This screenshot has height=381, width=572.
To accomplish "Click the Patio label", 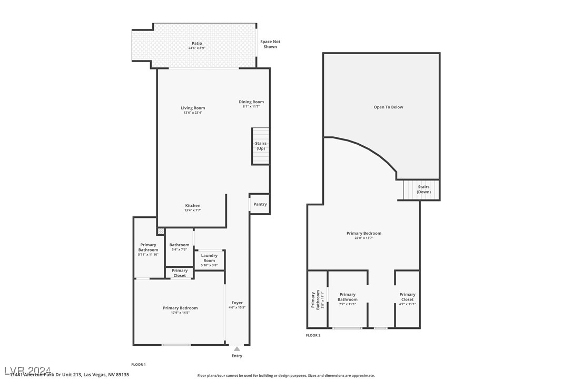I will click(x=196, y=44).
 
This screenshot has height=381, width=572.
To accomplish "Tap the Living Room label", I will click(x=193, y=108).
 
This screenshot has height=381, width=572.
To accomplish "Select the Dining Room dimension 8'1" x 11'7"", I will click(x=251, y=107).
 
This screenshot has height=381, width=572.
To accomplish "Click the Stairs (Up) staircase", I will click(x=261, y=146).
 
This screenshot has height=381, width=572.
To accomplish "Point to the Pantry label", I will click(x=260, y=204).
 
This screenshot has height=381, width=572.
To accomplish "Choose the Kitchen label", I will click(x=193, y=206).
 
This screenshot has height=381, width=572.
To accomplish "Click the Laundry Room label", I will click(x=209, y=258).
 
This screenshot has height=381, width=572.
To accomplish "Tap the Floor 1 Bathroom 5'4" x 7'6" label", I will click(x=179, y=245).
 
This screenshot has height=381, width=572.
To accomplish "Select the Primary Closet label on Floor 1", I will click(x=180, y=273).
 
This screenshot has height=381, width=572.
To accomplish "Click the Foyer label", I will click(x=237, y=303).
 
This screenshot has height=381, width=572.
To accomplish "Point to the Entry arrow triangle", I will click(x=237, y=348).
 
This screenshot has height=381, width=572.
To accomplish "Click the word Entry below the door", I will click(x=237, y=356).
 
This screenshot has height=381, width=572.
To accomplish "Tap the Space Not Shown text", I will click(x=270, y=44).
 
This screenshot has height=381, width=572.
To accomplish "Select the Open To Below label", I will click(x=388, y=107).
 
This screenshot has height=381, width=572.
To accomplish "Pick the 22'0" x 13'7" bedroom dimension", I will click(x=363, y=238).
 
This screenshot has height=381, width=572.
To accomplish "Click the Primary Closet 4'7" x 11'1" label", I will click(x=407, y=297).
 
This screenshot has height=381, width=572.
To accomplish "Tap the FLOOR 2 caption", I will click(x=313, y=335).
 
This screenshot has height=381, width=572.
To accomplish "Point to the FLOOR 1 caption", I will click(x=138, y=364).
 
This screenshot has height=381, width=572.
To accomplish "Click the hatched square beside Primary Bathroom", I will click(x=161, y=231).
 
